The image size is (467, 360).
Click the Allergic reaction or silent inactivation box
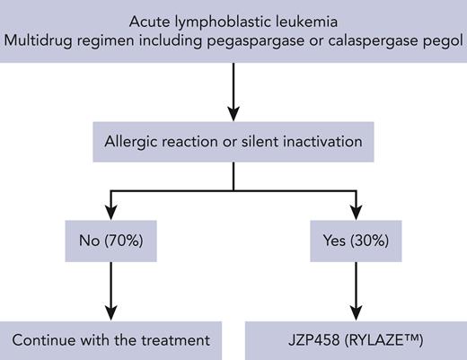[233, 142]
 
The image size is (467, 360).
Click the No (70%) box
[111, 241]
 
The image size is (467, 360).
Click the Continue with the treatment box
[111, 339]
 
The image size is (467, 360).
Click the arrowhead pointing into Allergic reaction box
[233, 114]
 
